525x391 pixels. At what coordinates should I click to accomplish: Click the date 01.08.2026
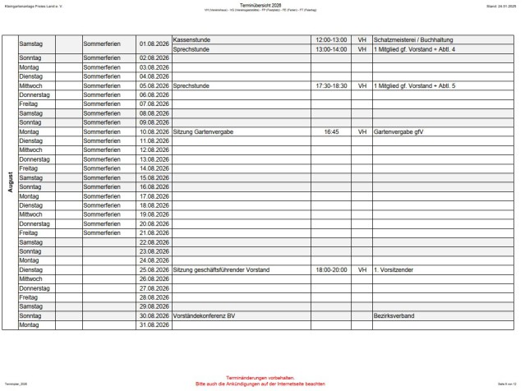[x=154, y=40]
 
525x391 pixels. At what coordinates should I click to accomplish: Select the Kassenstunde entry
[x=194, y=39]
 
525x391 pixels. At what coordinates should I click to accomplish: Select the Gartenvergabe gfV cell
[x=398, y=131]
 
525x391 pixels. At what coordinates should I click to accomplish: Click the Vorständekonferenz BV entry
[x=205, y=315]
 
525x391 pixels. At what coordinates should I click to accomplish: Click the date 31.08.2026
[x=154, y=324]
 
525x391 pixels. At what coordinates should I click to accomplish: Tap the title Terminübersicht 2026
[x=262, y=5]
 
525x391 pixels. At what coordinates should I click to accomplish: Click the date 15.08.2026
[x=154, y=177]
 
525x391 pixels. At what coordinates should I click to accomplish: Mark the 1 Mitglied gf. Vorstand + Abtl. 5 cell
[x=414, y=85]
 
